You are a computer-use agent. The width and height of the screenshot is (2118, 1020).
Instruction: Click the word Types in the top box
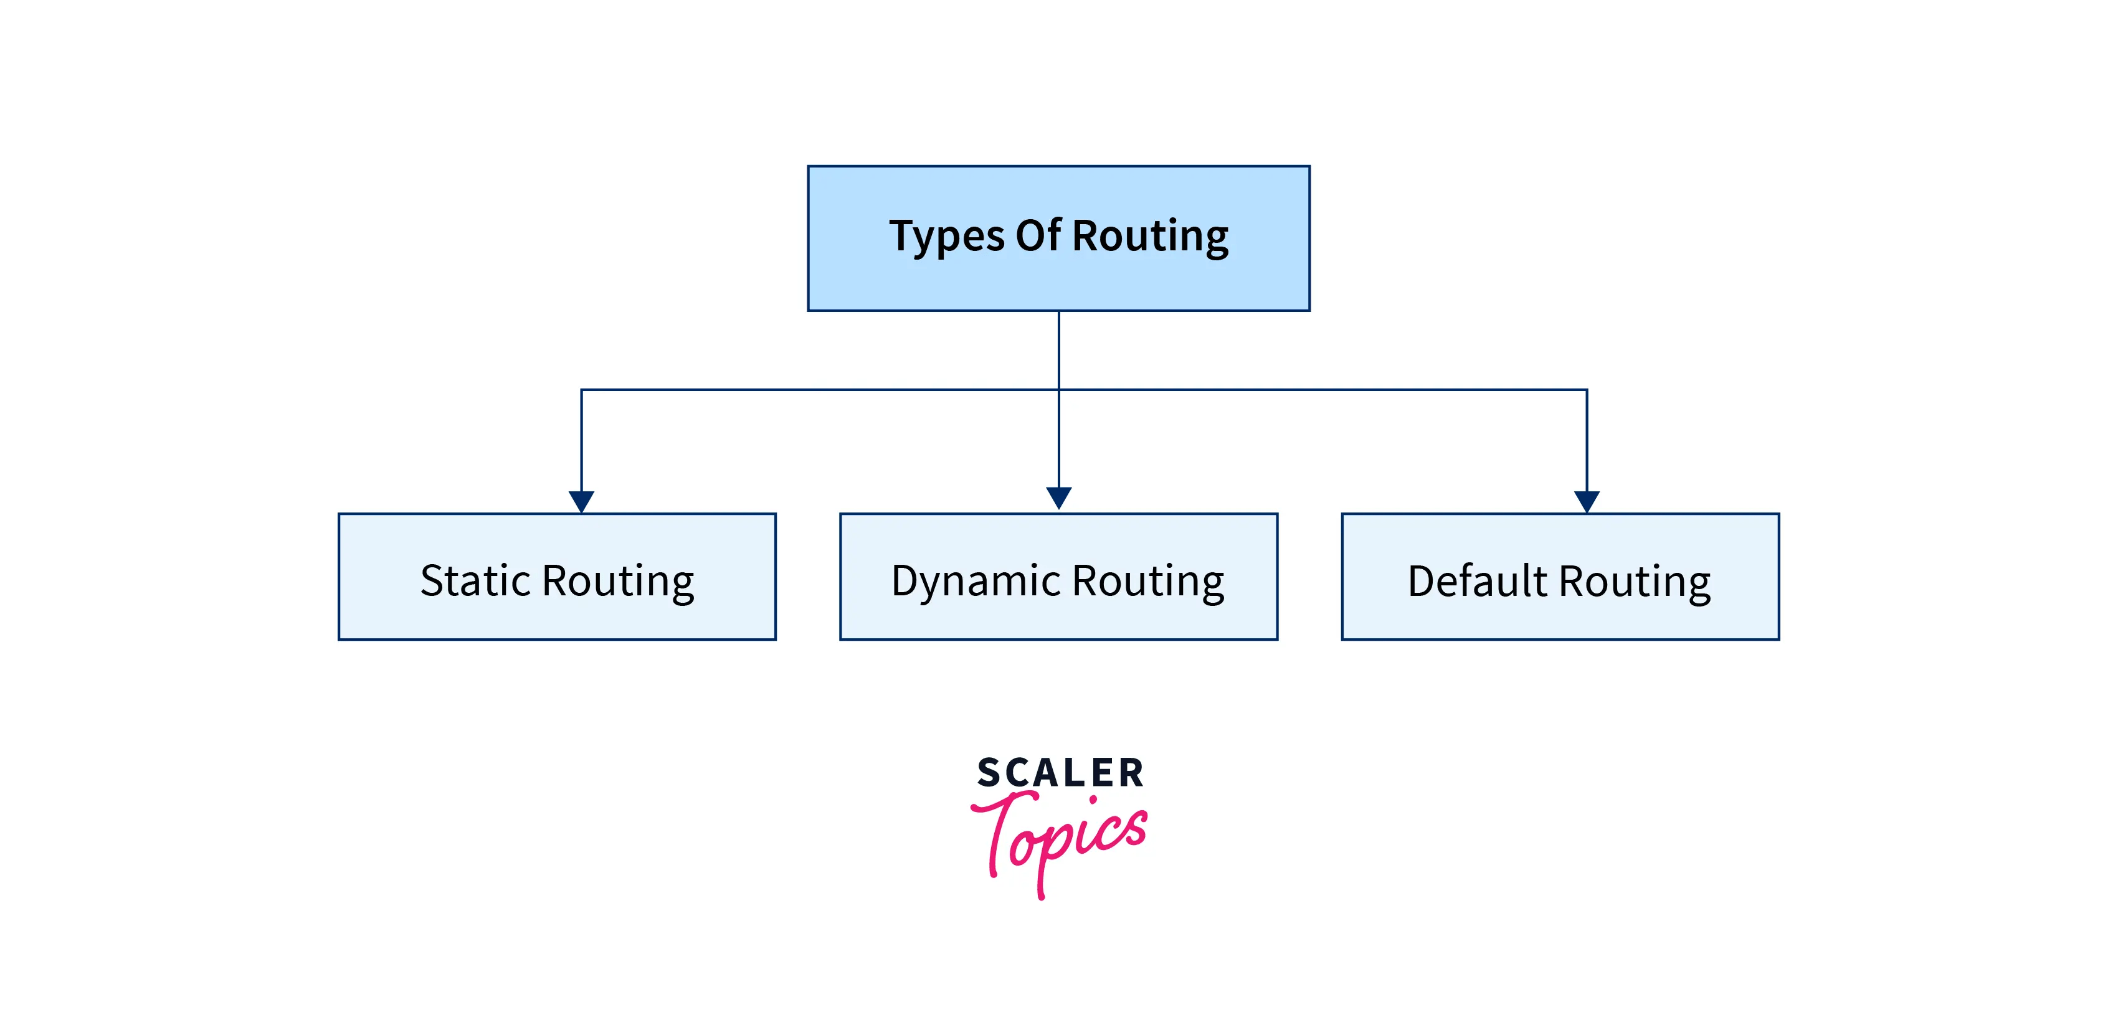[x=946, y=237]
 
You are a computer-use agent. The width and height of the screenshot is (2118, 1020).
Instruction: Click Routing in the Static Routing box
[x=619, y=582]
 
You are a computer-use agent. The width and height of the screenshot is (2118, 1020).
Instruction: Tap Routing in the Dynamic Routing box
[x=1148, y=582]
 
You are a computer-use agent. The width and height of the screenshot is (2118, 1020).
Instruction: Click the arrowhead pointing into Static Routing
[x=581, y=501]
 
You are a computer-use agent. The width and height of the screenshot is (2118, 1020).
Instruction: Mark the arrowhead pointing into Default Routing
[x=1586, y=501]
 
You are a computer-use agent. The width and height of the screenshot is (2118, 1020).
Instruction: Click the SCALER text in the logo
[x=1059, y=773]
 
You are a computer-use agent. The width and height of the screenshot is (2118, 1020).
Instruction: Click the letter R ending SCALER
[x=1131, y=773]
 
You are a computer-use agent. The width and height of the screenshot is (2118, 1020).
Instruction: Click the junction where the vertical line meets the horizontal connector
[x=1058, y=390]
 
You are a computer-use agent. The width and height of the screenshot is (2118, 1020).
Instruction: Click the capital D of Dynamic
[x=908, y=580]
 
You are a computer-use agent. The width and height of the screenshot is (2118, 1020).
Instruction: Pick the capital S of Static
[x=434, y=580]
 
